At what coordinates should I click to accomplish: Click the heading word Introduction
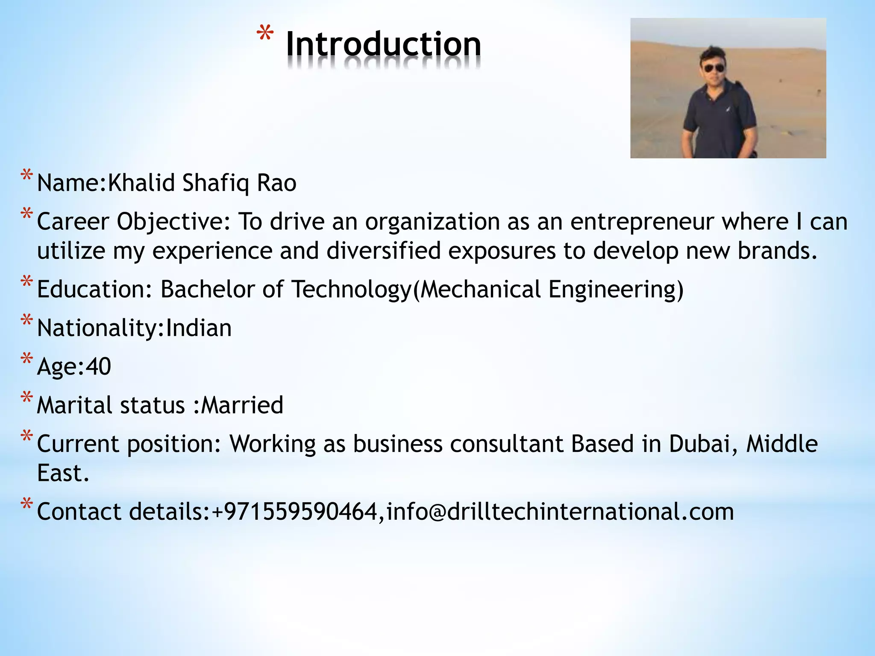tap(383, 44)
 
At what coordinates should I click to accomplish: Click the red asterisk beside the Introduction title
tap(265, 35)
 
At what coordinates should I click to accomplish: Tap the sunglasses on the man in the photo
tap(714, 68)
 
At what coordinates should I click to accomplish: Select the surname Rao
tap(276, 183)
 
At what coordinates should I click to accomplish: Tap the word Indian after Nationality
tap(199, 328)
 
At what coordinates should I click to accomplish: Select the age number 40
tap(98, 366)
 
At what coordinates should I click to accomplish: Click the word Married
tap(242, 405)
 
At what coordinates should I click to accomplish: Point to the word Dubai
tap(703, 444)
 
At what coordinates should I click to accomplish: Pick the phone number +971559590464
tap(294, 512)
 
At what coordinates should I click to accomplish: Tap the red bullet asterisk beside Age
tap(26, 359)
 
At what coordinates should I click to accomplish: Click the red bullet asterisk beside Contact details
tap(26, 504)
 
